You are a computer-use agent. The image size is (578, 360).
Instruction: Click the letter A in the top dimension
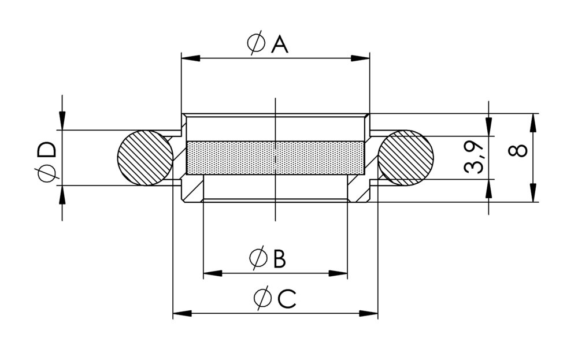tap(280, 44)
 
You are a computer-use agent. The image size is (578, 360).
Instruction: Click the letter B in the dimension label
tap(279, 259)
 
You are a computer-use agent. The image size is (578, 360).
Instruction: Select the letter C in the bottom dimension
tap(287, 299)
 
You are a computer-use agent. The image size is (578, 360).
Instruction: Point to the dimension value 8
tap(518, 151)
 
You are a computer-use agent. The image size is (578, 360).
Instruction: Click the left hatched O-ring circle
tap(145, 158)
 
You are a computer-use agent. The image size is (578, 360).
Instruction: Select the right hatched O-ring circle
tap(406, 158)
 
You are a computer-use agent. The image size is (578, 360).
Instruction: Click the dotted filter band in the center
tap(276, 158)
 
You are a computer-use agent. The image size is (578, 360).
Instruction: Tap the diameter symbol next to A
tap(256, 44)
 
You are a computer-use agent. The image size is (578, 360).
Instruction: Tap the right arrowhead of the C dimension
tap(369, 314)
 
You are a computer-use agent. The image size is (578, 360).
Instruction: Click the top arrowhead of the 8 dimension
tap(532, 121)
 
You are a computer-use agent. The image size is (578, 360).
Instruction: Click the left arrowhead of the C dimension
tap(182, 314)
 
